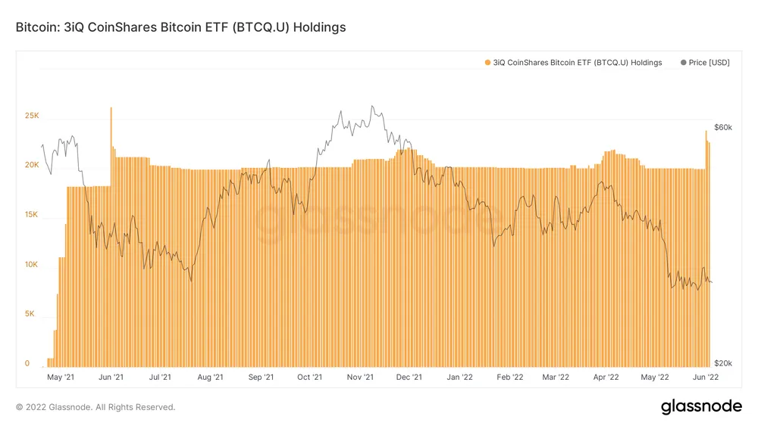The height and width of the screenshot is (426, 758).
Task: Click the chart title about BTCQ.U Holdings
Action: [180, 27]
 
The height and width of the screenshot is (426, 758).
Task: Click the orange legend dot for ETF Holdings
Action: [487, 63]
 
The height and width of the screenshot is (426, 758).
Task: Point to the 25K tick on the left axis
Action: [32, 116]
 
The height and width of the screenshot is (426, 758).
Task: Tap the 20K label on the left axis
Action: [32, 165]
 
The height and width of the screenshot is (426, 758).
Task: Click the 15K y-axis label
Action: [32, 215]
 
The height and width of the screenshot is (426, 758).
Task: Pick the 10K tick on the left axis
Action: [32, 265]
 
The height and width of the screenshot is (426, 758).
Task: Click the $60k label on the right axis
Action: [722, 127]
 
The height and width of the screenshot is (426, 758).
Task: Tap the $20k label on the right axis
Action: [722, 364]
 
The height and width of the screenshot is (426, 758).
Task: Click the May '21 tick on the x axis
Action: [60, 376]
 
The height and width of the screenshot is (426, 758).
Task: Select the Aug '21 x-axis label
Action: [209, 376]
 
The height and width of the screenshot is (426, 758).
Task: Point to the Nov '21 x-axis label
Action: [361, 376]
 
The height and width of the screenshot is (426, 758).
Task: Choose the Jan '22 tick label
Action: [459, 376]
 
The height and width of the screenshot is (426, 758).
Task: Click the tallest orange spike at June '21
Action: [111, 109]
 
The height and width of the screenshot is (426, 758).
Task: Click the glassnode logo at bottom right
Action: [701, 406]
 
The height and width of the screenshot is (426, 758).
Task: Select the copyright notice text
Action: [96, 407]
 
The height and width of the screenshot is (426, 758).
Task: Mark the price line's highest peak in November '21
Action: [372, 107]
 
